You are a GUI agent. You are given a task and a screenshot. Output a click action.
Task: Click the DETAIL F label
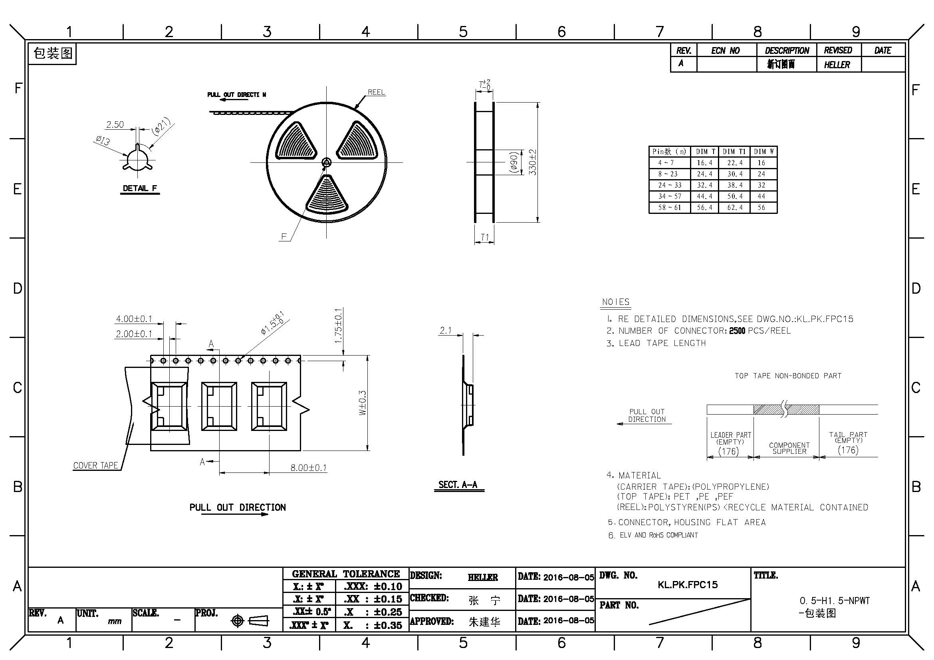[x=140, y=188]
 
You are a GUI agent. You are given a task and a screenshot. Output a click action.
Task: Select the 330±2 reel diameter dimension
[x=533, y=162]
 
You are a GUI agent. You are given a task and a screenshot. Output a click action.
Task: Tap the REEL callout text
[x=376, y=92]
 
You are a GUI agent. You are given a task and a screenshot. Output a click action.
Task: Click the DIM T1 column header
[x=734, y=152]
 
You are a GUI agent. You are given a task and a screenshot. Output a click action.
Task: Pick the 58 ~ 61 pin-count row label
[x=668, y=207]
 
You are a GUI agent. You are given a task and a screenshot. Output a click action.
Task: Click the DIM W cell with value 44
[x=761, y=196]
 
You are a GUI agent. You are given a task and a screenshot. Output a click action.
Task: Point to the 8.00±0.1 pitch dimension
[x=308, y=468]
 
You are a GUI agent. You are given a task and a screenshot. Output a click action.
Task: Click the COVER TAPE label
[x=95, y=465]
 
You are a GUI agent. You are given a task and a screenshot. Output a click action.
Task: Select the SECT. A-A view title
[x=458, y=484]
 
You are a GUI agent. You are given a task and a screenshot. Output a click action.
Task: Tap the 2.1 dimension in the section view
[x=446, y=330]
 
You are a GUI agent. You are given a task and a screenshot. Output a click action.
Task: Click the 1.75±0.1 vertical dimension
[x=339, y=326]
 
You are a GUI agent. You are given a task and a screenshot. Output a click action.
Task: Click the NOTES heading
[x=616, y=302]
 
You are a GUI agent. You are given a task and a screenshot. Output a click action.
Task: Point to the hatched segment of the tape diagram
[x=786, y=409]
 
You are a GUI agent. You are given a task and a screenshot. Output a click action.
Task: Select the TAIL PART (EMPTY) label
[x=848, y=437]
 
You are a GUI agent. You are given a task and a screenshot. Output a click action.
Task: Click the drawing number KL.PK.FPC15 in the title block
[x=688, y=585]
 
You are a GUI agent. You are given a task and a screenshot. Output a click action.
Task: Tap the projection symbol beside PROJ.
[x=250, y=621]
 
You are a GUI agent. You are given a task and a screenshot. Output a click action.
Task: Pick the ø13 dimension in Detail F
[x=103, y=140]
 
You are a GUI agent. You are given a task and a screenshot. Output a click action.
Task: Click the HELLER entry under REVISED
[x=837, y=65]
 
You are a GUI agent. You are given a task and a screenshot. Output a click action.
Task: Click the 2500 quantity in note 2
[x=737, y=331]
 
